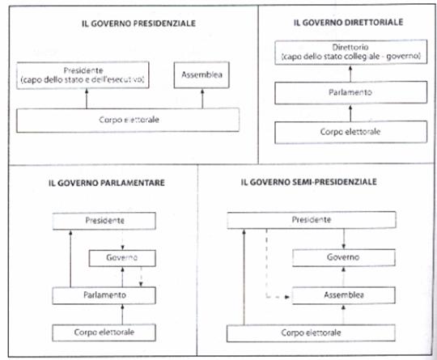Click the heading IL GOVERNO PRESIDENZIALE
(138, 23)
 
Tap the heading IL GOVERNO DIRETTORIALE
(348, 23)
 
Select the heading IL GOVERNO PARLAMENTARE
(107, 183)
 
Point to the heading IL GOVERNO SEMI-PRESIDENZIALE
(309, 182)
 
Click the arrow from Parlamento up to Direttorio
(350, 74)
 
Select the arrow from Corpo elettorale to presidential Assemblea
(202, 99)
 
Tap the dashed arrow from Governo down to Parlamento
(141, 277)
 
